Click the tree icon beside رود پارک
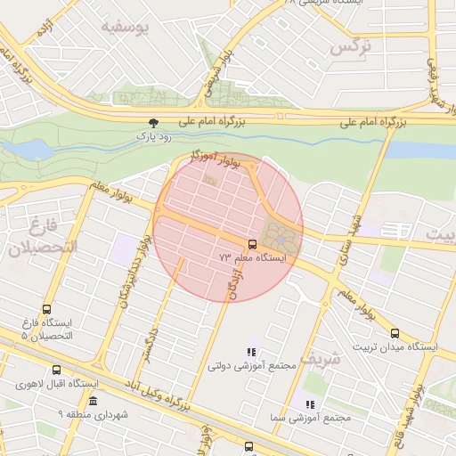[x=155, y=123]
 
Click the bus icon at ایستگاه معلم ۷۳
[x=251, y=243]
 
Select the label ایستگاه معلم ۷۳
[x=253, y=257]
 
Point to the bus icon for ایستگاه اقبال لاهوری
[x=57, y=370]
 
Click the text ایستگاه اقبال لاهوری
[x=56, y=384]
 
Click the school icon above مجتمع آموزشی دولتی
[x=251, y=352]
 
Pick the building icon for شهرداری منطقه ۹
[x=93, y=401]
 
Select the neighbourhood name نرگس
[x=348, y=48]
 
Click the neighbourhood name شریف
[x=320, y=359]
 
